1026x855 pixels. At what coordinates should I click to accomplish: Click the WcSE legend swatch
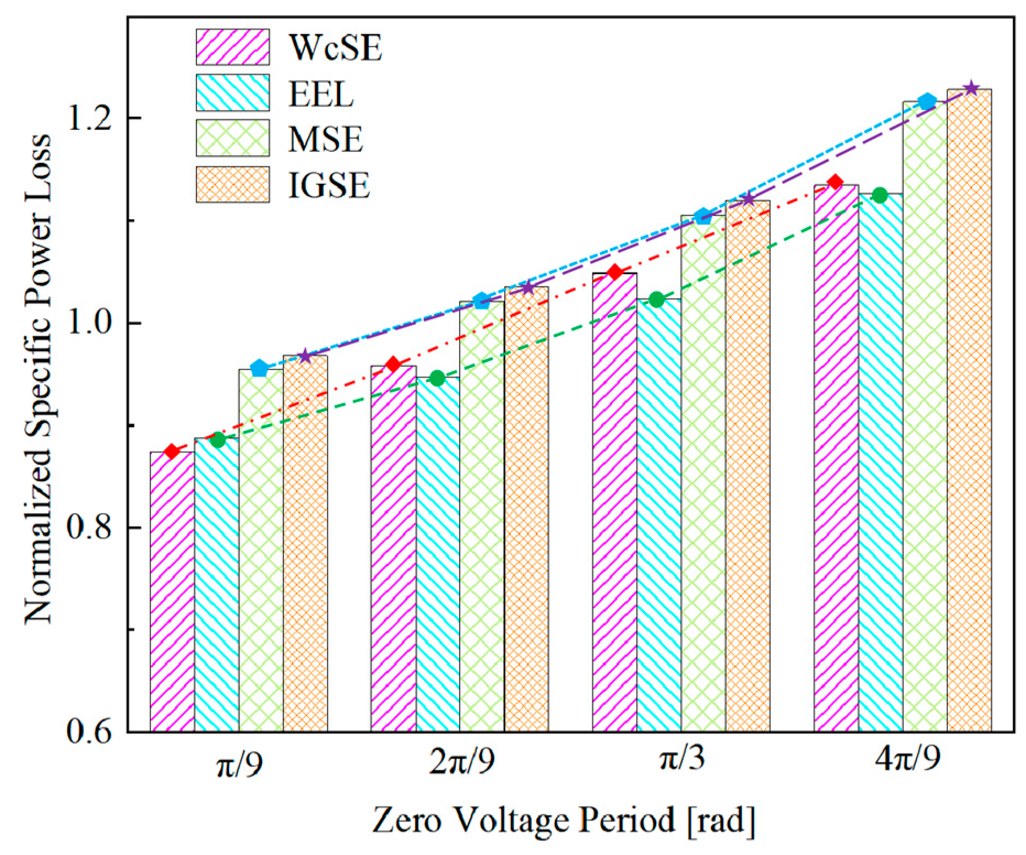click(232, 47)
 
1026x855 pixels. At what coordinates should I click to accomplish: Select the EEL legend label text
click(320, 94)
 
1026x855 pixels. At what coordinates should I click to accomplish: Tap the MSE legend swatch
click(232, 138)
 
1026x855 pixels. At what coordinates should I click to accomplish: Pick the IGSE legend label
click(329, 185)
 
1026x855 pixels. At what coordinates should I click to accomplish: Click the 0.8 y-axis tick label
click(91, 527)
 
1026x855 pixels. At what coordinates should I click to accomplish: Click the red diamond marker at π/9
click(172, 451)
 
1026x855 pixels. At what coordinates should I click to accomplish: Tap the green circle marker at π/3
click(656, 299)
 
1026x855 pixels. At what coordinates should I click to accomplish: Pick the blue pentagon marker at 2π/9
click(481, 301)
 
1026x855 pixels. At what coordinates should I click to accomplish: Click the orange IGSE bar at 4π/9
click(969, 410)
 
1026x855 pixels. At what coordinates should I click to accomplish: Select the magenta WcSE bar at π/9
click(172, 592)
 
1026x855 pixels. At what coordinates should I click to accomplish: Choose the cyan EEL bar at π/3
click(659, 515)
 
